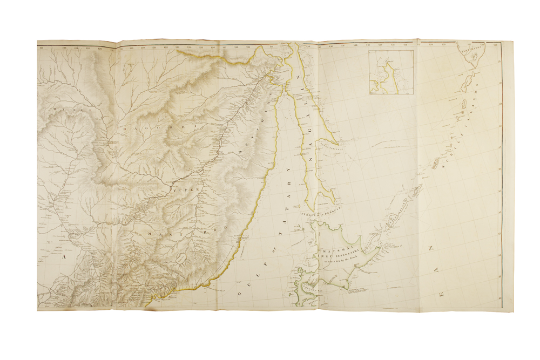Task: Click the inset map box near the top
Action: (x=391, y=72)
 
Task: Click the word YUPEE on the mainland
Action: (x=180, y=191)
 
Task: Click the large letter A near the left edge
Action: (x=64, y=258)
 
